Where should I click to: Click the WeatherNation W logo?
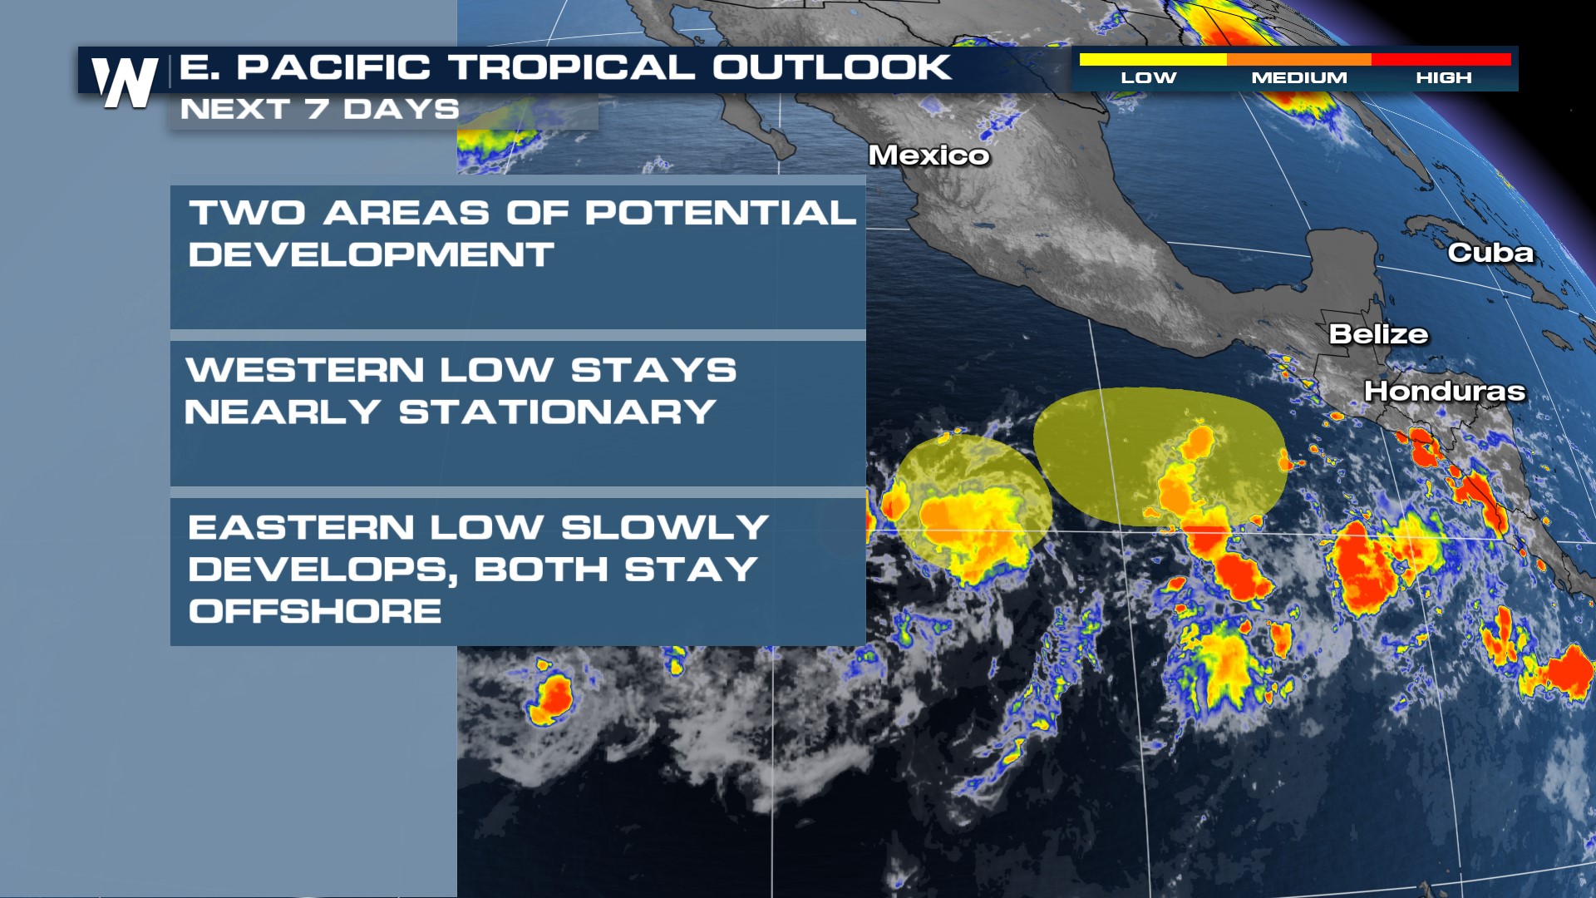[x=125, y=81]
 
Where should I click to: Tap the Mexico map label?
[x=929, y=155]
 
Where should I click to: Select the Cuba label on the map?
[x=1490, y=253]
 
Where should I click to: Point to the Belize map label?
[x=1378, y=334]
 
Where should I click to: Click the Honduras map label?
[x=1445, y=391]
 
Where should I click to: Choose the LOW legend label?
[x=1148, y=78]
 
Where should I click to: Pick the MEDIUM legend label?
[x=1299, y=78]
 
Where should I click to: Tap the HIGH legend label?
[x=1444, y=78]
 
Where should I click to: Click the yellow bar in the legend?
[x=1152, y=60]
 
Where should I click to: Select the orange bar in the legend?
[x=1298, y=60]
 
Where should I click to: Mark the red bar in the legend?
[x=1441, y=60]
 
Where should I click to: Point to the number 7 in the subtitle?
[x=316, y=109]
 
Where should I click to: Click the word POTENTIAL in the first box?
[x=720, y=213]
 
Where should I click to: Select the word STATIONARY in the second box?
[x=557, y=412]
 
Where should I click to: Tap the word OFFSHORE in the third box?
[x=315, y=611]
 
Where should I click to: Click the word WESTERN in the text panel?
[x=304, y=370]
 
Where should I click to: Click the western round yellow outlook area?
[x=973, y=499]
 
